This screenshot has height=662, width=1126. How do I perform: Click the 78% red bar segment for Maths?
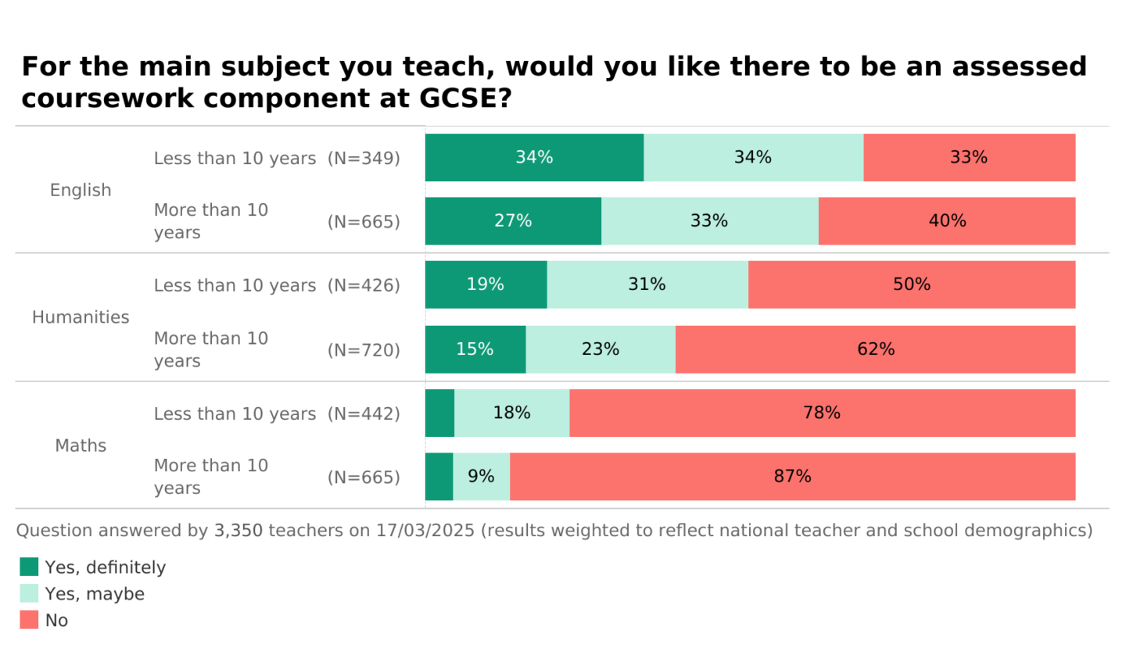[x=822, y=413]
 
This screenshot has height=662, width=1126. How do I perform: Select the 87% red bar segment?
[x=792, y=477]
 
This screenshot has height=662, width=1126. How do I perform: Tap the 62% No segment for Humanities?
[x=875, y=349]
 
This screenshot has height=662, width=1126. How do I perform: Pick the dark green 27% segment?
[x=513, y=221]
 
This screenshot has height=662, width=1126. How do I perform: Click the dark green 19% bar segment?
[x=486, y=284]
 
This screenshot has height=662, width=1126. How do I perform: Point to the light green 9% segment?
[x=481, y=477]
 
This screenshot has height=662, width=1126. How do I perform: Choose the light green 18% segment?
[x=511, y=413]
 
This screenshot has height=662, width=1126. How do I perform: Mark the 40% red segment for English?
[x=947, y=221]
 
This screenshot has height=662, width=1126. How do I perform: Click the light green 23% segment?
[x=600, y=349]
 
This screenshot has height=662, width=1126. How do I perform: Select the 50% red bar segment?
[x=912, y=284]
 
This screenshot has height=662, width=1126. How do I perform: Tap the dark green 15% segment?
[x=475, y=349]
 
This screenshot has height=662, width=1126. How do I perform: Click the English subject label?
[x=81, y=190]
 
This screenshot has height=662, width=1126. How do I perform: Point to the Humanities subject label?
[x=81, y=317]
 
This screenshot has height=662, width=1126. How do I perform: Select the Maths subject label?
[x=81, y=446]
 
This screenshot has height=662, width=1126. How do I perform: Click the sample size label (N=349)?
[x=364, y=158]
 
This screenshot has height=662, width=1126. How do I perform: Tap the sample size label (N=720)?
[x=364, y=350]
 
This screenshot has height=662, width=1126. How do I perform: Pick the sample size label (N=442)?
[x=364, y=413]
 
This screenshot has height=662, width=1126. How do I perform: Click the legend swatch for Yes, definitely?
[x=29, y=567]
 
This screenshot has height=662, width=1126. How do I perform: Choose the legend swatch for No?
[x=29, y=620]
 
